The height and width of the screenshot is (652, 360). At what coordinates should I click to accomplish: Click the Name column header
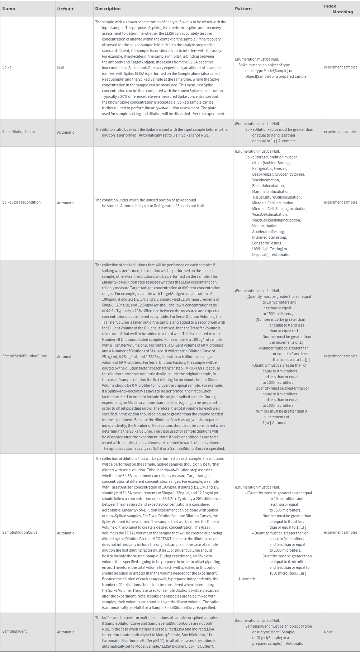(9, 9)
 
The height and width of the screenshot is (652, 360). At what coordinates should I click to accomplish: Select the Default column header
(65, 9)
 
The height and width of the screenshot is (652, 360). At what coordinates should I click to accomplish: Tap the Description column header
(108, 9)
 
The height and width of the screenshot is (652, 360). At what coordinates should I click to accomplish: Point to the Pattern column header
(243, 9)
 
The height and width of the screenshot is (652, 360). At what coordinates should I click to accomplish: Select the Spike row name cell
(7, 67)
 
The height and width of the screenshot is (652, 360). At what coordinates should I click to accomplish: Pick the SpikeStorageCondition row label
(21, 202)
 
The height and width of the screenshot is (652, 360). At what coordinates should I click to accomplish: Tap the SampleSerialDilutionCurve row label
(24, 356)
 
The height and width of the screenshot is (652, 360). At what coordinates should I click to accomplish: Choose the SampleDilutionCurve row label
(20, 532)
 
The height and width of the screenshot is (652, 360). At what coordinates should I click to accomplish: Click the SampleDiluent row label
(14, 631)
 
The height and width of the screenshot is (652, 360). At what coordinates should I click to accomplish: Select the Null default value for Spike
(60, 68)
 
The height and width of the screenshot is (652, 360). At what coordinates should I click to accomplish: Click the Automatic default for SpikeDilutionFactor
(66, 132)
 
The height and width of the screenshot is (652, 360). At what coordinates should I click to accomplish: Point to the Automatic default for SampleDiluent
(66, 632)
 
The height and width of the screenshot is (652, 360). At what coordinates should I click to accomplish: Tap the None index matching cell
(328, 632)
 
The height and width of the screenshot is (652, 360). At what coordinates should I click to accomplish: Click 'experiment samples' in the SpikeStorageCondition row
(340, 202)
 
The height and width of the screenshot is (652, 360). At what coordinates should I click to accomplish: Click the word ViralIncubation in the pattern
(265, 226)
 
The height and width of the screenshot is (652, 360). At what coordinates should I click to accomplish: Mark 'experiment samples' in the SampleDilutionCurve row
(340, 532)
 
